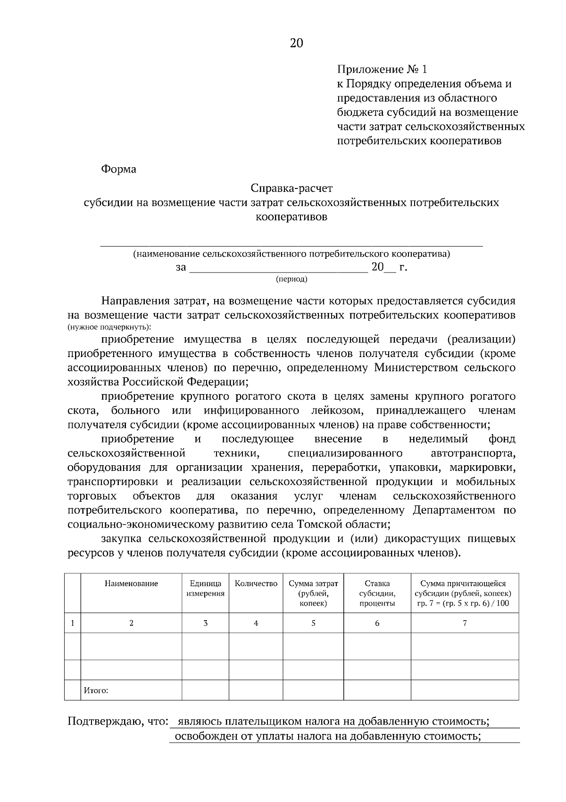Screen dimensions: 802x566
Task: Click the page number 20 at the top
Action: (296, 43)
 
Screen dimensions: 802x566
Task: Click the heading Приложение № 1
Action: (382, 70)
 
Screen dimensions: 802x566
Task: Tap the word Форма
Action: (118, 169)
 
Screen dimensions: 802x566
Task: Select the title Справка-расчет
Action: (291, 188)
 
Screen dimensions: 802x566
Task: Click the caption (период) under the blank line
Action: (291, 279)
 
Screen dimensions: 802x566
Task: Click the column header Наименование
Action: (131, 584)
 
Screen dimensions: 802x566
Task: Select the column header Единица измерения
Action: (205, 589)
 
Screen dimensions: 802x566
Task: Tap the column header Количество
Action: (256, 584)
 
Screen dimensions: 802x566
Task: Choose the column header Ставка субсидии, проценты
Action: (377, 593)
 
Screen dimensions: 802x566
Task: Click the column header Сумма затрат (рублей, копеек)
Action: (313, 593)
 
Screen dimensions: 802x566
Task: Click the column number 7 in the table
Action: (465, 623)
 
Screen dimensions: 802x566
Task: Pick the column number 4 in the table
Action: (256, 623)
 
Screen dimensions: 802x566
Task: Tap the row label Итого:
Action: (96, 691)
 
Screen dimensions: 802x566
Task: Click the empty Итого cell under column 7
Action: (465, 690)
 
